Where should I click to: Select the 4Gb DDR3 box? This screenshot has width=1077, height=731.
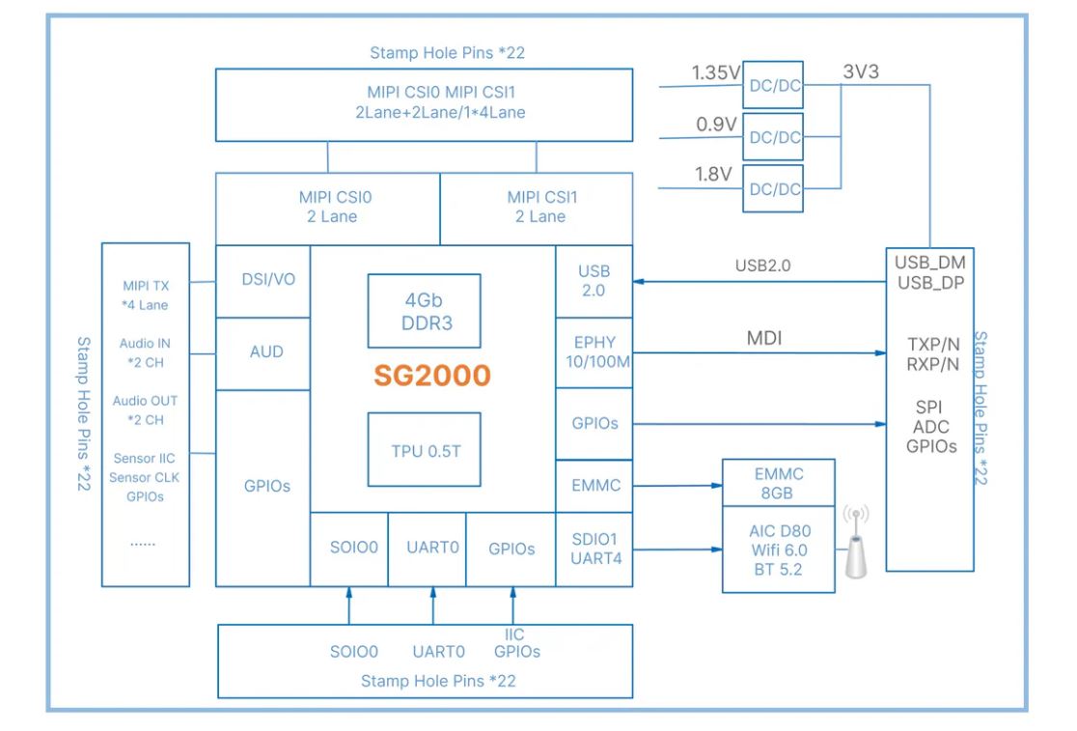coord(424,311)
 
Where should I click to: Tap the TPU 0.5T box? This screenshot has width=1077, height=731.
coord(424,451)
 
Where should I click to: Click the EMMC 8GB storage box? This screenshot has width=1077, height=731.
coord(779,482)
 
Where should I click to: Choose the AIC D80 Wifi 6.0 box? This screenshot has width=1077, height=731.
coord(779,549)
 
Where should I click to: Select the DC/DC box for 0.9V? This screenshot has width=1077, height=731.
coord(775,137)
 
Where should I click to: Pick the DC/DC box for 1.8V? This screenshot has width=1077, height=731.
coord(775,189)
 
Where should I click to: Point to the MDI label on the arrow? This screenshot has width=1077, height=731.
coord(764,338)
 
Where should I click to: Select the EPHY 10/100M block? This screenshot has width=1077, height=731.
coord(594,352)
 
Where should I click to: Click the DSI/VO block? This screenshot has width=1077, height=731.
coord(262,281)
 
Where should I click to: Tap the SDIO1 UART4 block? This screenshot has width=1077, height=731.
coord(594,548)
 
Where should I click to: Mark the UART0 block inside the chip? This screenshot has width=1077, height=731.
coord(427,548)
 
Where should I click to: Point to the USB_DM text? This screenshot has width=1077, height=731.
coord(929,263)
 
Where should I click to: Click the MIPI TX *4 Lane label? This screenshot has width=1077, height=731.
coord(146,295)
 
